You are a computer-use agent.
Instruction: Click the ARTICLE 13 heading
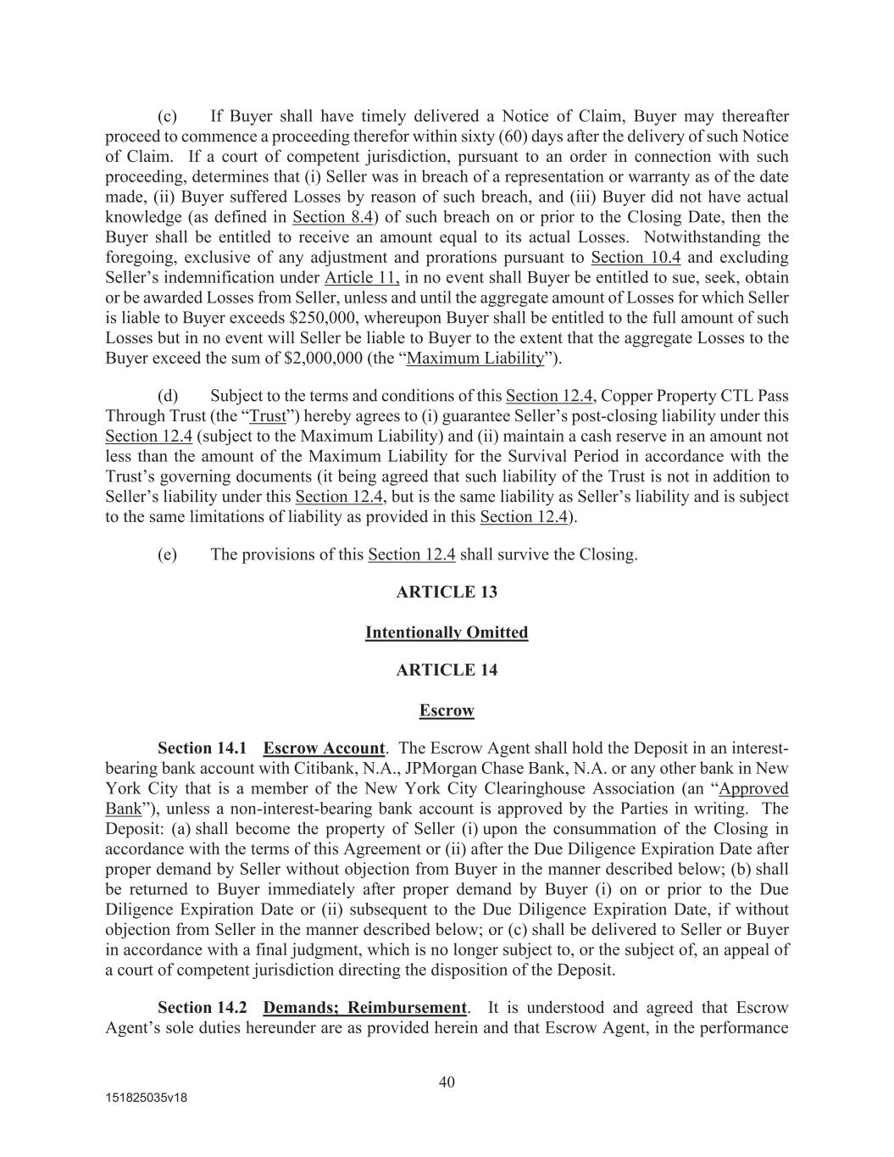447,592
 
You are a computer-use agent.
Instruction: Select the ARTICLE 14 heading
447,670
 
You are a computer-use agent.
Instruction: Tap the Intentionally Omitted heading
447,632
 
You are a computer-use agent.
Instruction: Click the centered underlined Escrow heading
447,710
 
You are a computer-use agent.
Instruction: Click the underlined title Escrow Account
324,748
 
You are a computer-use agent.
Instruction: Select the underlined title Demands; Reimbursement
364,1008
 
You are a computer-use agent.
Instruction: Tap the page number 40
447,1082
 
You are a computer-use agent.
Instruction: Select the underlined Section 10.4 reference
636,258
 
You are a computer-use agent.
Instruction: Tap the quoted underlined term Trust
268,416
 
